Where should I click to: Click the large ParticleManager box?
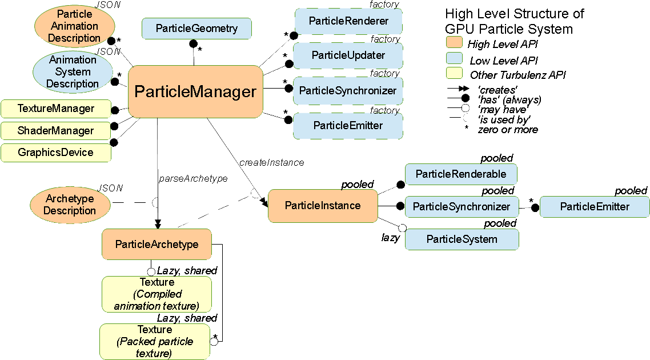pyautogui.click(x=195, y=91)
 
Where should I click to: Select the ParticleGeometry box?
pyautogui.click(x=196, y=29)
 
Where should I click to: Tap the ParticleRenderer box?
pyautogui.click(x=348, y=21)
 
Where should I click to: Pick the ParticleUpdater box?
pyautogui.click(x=348, y=55)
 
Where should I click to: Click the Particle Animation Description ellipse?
pyautogui.click(x=74, y=26)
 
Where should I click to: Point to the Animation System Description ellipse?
pyautogui.click(x=73, y=72)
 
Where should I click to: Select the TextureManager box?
pyautogui.click(x=56, y=108)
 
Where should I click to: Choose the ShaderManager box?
pyautogui.click(x=56, y=130)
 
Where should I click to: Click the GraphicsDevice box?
pyautogui.click(x=56, y=153)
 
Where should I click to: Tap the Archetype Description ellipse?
pyautogui.click(x=70, y=205)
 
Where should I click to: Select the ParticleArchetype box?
pyautogui.click(x=157, y=244)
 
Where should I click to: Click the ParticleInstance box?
pyautogui.click(x=323, y=206)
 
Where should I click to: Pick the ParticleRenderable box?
pyautogui.click(x=461, y=174)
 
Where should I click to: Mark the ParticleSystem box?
pyautogui.click(x=462, y=239)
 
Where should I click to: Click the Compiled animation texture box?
pyautogui.click(x=157, y=294)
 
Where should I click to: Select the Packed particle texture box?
pyautogui.click(x=155, y=342)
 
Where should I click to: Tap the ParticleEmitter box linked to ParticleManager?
pyautogui.click(x=348, y=125)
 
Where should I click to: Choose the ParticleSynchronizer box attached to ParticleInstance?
pyautogui.click(x=462, y=207)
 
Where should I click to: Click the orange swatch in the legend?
pyautogui.click(x=454, y=42)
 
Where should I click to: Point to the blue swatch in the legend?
pyautogui.click(x=454, y=57)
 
